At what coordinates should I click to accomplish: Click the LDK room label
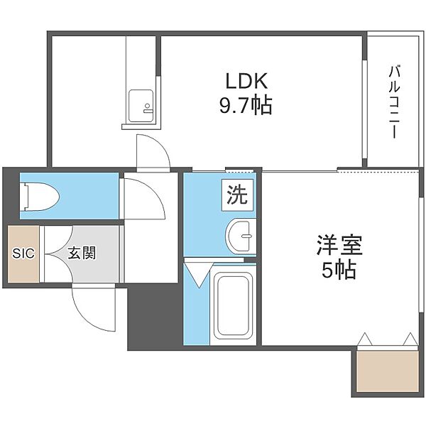point(246,80)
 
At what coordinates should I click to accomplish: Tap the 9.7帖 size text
point(246,105)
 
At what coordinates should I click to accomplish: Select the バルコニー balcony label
point(395,102)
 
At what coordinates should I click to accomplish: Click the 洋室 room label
point(339,246)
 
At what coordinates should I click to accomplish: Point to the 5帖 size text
point(339,269)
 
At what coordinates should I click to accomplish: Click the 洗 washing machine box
point(237,195)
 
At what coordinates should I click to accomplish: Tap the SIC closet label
point(23,253)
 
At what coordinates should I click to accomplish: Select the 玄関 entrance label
point(82,253)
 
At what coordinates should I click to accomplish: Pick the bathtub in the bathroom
point(234,305)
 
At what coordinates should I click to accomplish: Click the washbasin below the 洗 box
point(241,236)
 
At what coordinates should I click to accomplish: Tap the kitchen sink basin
point(141,106)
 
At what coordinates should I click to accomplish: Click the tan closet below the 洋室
point(387,371)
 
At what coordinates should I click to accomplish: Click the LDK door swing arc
point(153,151)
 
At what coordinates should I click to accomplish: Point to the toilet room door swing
point(144,198)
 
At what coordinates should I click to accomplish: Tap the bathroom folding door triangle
point(198,274)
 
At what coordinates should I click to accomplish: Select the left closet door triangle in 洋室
point(365,339)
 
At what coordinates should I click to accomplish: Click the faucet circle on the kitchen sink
point(147,105)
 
